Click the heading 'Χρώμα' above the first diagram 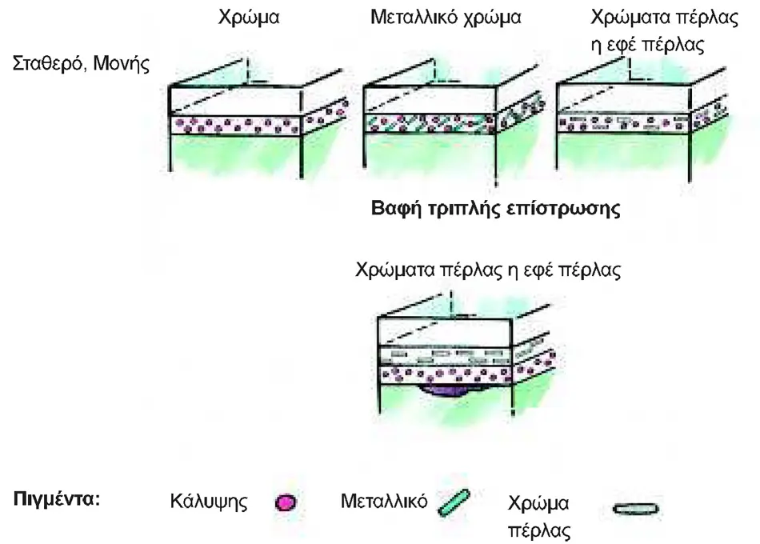coord(249,18)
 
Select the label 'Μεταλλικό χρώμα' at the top coord(446,18)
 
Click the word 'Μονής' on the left coord(121,63)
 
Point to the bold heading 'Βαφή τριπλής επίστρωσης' coord(495,209)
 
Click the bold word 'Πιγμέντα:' coord(57,499)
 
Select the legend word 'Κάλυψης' coord(209,502)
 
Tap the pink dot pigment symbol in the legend coord(285,502)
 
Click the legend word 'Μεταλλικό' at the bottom coord(384,501)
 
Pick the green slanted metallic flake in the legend coord(454,502)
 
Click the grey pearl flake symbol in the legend coord(635,509)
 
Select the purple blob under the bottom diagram coord(446,390)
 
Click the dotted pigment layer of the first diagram coord(235,125)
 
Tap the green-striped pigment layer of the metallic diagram coord(430,123)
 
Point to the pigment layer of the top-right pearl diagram coord(623,123)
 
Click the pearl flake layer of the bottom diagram coord(445,355)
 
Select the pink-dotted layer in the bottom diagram coord(445,374)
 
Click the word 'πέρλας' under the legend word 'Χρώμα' coord(539,530)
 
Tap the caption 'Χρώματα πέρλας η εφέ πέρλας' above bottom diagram coord(488,270)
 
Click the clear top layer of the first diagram coord(235,102)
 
